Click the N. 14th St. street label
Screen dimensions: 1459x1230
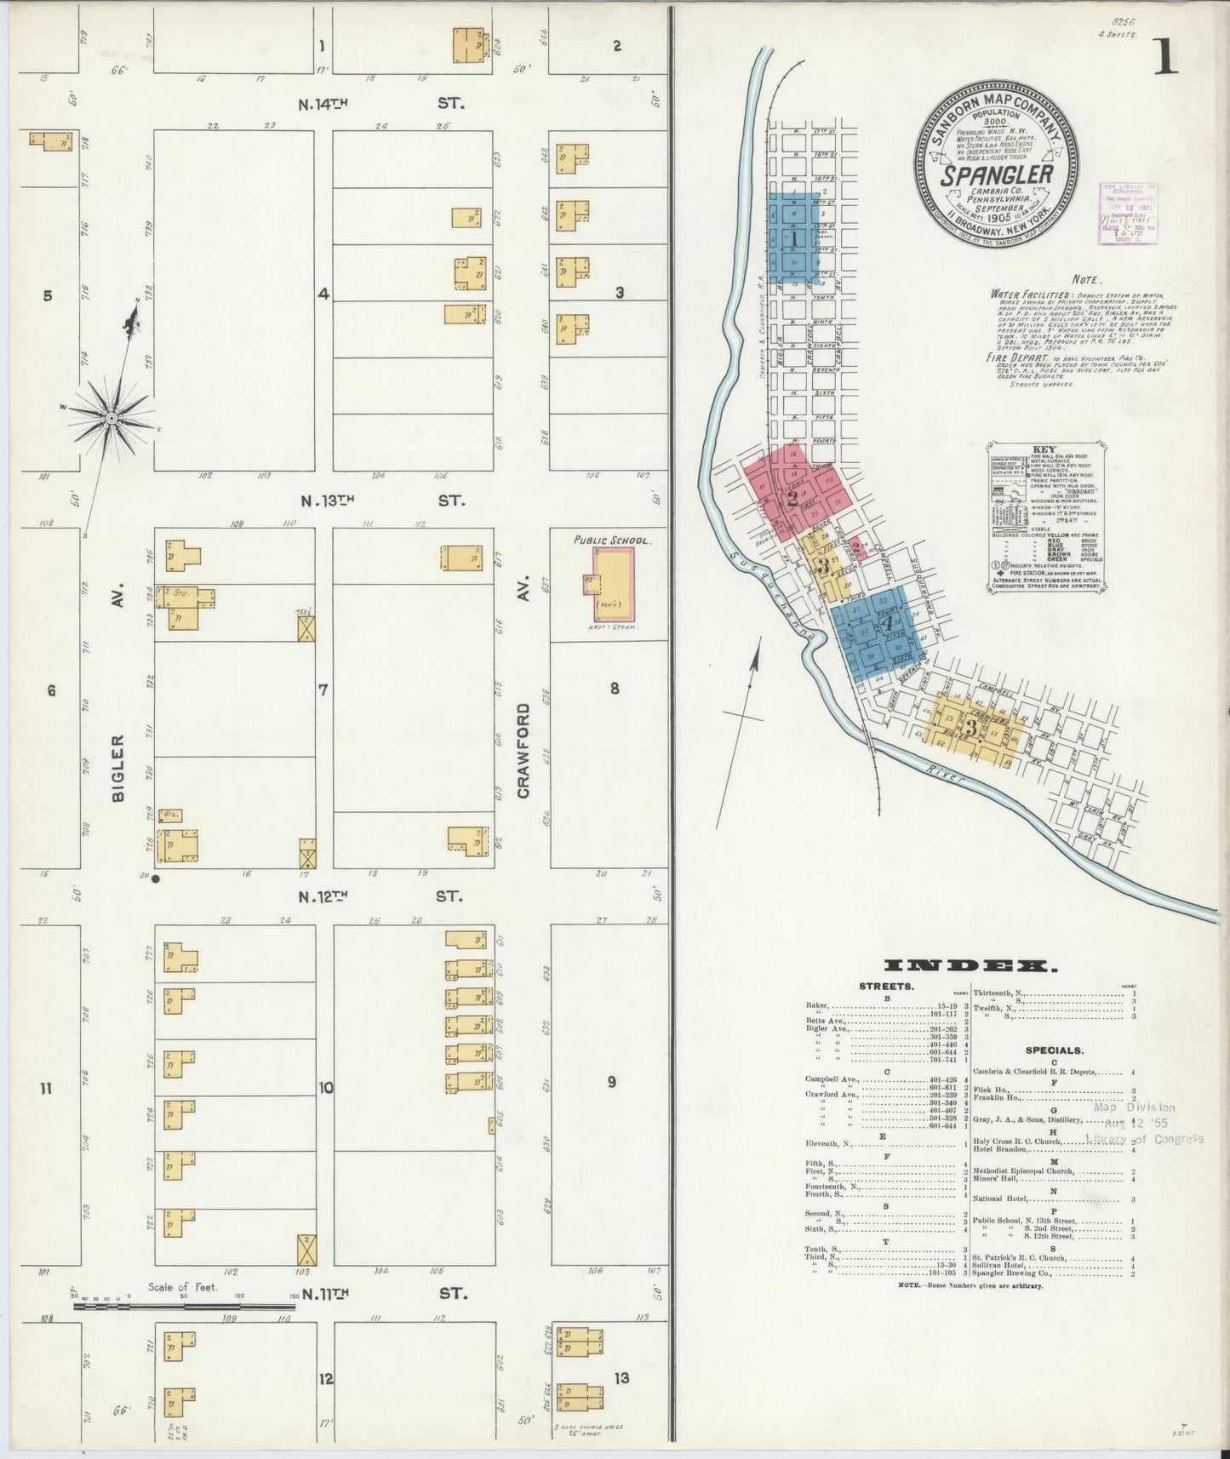(x=381, y=104)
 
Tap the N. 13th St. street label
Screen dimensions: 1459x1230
(x=381, y=501)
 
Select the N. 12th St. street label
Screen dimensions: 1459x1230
(x=380, y=896)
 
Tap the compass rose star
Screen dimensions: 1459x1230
(x=112, y=418)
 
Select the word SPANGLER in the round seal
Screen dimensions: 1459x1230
(x=997, y=175)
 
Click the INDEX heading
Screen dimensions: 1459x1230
(x=970, y=965)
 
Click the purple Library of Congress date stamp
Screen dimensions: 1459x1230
(x=1128, y=213)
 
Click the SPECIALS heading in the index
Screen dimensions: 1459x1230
(x=1054, y=1050)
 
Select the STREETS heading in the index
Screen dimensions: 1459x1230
(x=887, y=987)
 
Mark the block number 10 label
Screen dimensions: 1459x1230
(x=326, y=1087)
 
